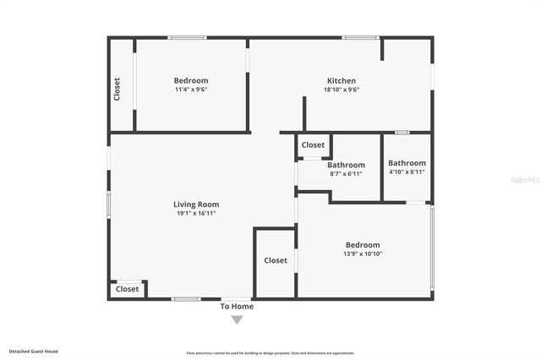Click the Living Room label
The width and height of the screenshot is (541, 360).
point(196,205)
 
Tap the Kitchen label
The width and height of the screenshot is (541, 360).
point(341,81)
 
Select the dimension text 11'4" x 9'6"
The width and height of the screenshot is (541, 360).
point(191,90)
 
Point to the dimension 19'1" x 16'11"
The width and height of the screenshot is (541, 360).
point(196,214)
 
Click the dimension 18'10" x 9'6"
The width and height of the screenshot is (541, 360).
point(341,90)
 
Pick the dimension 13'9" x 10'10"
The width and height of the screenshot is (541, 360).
point(363,254)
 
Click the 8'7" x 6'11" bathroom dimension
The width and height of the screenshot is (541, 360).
point(346,174)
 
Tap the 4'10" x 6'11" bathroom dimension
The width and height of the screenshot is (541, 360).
point(407,172)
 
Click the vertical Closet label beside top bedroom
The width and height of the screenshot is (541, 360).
point(117,89)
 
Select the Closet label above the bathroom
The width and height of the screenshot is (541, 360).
point(313,145)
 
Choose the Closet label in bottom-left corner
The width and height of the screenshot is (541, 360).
point(127,289)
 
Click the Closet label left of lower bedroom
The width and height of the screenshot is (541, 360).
point(276,260)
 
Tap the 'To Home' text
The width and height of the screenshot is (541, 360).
point(237,307)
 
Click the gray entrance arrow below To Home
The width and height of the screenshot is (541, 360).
point(237,319)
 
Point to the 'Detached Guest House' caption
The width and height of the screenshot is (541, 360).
point(34,351)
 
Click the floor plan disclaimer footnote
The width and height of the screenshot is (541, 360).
point(270,353)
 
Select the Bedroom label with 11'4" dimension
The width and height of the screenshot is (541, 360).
point(191,81)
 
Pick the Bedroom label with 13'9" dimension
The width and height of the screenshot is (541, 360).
point(363,245)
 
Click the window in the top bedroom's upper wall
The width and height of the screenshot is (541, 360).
point(187,37)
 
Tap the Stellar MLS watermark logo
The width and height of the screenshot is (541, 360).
point(526,180)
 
